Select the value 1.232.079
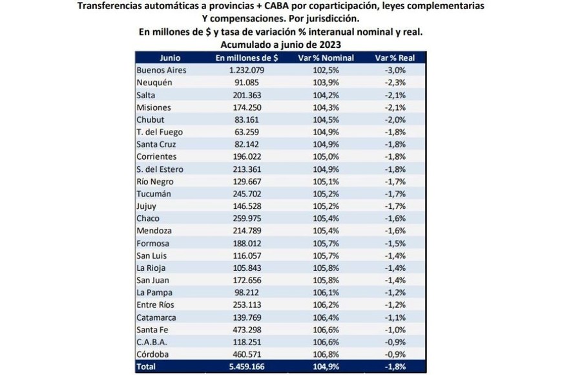(246, 70)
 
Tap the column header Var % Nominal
(326, 58)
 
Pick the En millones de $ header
(246, 58)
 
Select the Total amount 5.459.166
(246, 367)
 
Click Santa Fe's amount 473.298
(246, 329)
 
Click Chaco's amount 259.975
(246, 218)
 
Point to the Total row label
(147, 367)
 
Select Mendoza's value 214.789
(246, 230)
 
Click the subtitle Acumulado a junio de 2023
(280, 44)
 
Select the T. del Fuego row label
(159, 132)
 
